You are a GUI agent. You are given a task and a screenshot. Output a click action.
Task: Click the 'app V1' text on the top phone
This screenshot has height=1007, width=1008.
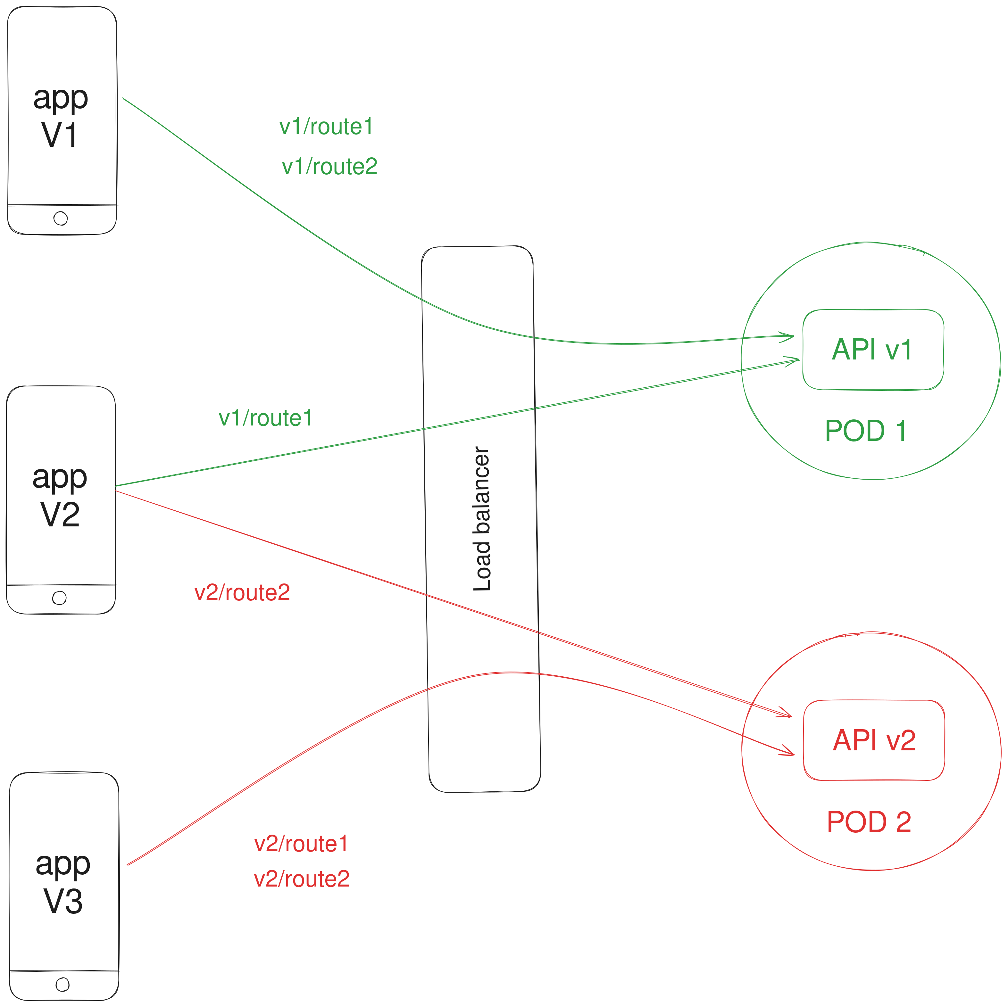[x=61, y=116]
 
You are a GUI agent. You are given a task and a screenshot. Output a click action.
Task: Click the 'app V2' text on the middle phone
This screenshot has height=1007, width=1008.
[x=60, y=495]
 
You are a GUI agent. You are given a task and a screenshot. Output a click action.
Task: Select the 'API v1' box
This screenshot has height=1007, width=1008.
[x=872, y=350]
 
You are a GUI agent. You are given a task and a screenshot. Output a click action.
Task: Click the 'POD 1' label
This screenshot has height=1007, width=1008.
[x=866, y=431]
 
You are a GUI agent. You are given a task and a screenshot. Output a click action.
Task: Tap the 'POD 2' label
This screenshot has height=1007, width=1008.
[x=869, y=822]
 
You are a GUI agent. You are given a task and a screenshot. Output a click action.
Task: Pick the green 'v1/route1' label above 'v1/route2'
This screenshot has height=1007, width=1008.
[x=326, y=127]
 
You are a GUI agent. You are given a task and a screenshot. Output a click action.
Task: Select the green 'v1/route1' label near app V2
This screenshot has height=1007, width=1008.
[x=266, y=418]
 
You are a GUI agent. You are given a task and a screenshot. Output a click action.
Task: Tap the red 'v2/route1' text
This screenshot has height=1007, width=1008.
[x=301, y=844]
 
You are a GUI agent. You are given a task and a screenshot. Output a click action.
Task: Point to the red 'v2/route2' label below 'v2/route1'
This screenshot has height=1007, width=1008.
[x=302, y=879]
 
